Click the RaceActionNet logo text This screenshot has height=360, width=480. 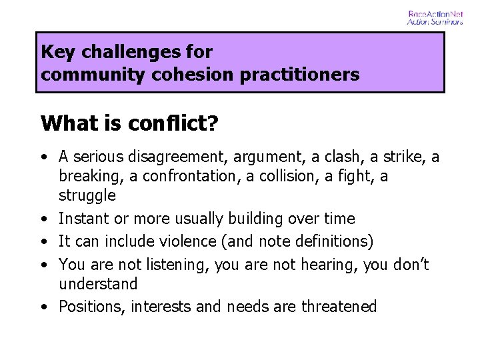point(435,13)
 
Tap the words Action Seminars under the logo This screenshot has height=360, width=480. point(435,21)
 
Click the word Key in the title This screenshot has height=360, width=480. point(55,52)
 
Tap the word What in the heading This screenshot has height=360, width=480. point(64,123)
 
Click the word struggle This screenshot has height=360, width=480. point(87,195)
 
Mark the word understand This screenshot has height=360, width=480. point(98,284)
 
